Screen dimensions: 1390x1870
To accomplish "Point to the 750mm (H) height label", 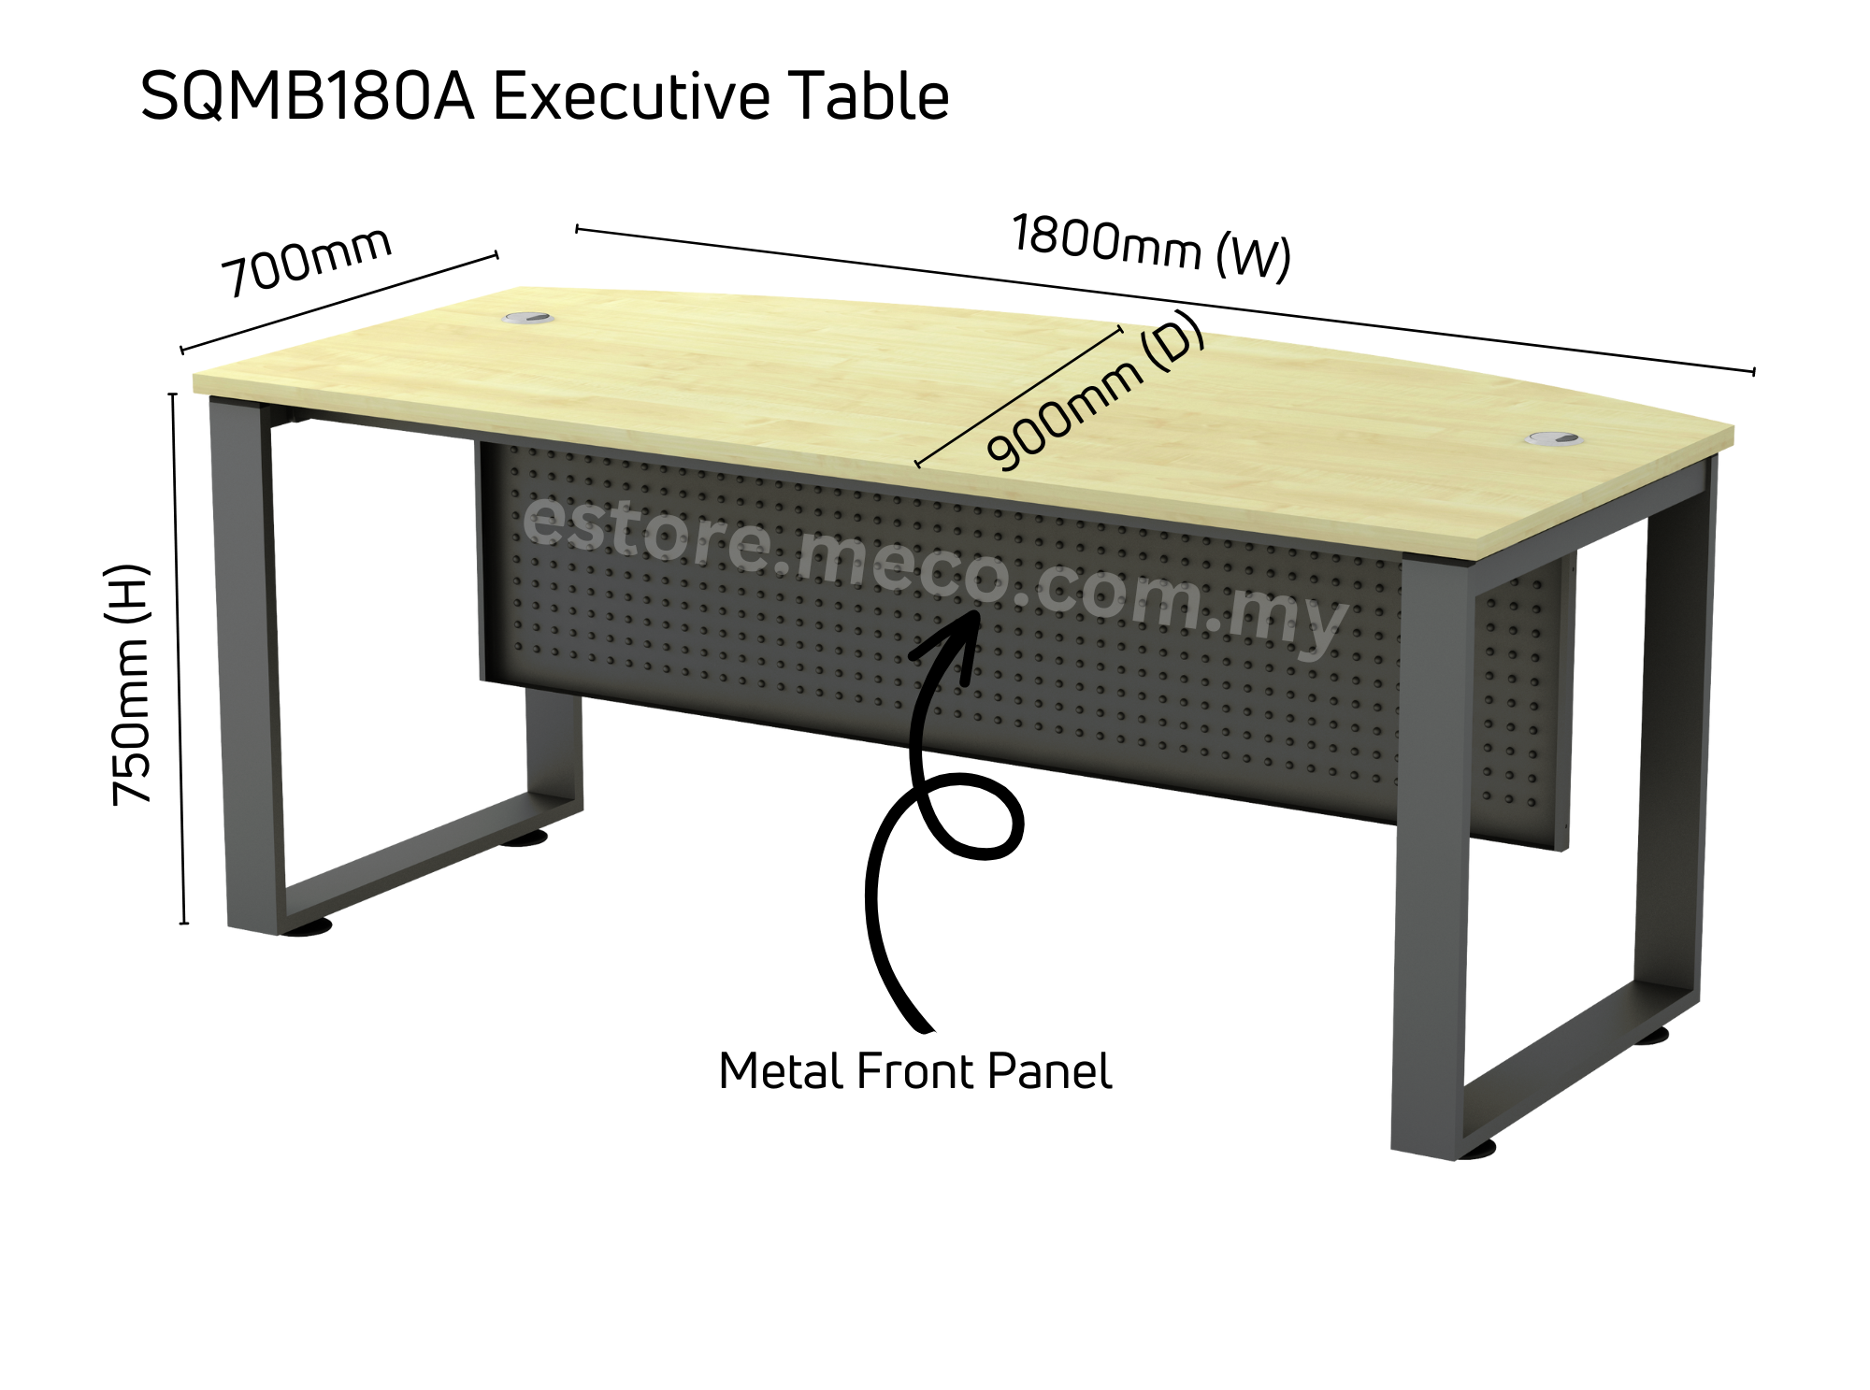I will point(129,684).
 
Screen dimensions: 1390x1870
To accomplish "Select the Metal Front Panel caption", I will point(914,1071).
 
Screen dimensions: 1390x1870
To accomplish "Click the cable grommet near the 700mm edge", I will point(528,319).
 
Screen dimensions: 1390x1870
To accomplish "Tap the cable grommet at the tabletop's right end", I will point(1554,438).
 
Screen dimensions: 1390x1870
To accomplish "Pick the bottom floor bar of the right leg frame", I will point(1571,1056).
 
